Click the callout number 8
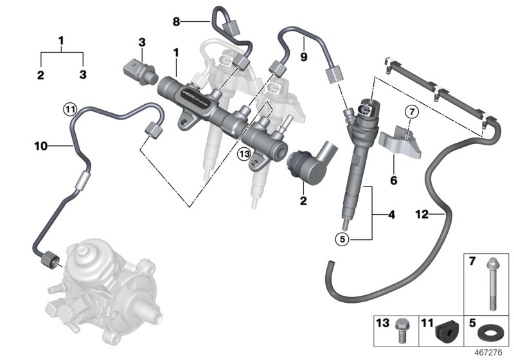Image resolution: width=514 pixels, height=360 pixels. (x=176, y=22)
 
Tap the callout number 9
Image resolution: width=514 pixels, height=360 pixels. (x=303, y=57)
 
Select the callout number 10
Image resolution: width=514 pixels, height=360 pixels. (x=40, y=147)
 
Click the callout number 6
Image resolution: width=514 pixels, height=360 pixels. (x=393, y=181)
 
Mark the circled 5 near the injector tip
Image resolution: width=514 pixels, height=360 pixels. (x=342, y=239)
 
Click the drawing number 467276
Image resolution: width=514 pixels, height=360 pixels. (x=494, y=353)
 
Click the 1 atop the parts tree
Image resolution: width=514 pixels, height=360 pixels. (x=62, y=40)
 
